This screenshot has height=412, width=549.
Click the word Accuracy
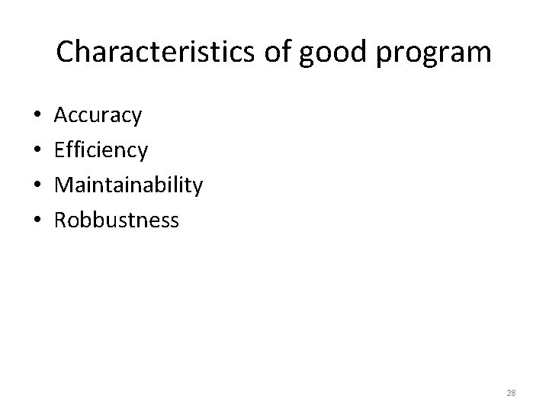point(98,116)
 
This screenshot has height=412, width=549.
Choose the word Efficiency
point(101,150)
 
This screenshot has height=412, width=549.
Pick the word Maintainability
point(128,185)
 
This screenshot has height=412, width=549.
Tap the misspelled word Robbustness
point(117,220)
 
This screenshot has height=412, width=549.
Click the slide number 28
point(511,393)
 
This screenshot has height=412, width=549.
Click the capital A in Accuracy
point(63,116)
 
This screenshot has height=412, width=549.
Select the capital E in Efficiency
point(61,150)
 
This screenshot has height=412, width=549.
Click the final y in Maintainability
point(197,188)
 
